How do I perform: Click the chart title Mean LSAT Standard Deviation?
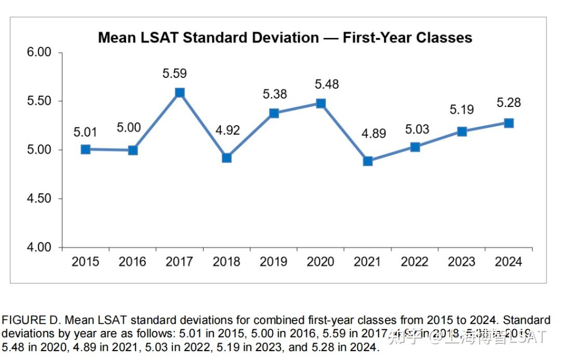(285, 37)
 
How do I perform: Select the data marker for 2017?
(180, 92)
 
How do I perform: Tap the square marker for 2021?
(368, 161)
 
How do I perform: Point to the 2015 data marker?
(86, 150)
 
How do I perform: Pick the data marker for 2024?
(509, 123)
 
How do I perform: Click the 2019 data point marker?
(274, 113)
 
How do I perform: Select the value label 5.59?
(175, 73)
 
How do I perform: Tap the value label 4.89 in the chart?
(373, 134)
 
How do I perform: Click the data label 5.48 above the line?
(326, 84)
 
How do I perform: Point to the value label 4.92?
(227, 130)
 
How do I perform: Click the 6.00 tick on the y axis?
(39, 52)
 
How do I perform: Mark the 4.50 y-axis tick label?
(39, 199)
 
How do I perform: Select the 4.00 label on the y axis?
(39, 247)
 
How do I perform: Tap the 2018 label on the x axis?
(226, 261)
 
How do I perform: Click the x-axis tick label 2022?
(415, 261)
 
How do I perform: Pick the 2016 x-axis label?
(132, 261)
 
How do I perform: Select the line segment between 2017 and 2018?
(203, 125)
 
